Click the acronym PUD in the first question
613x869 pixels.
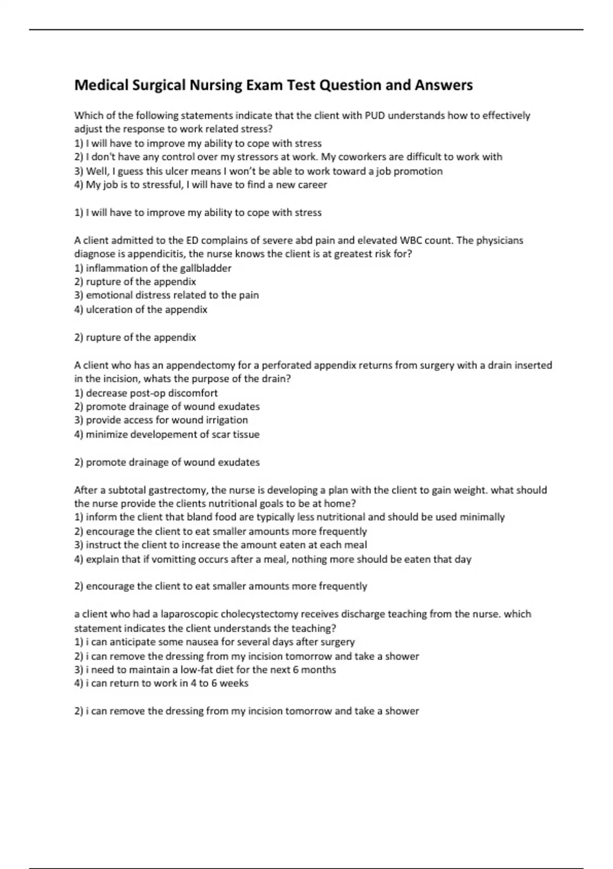pos(375,116)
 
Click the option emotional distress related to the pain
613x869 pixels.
pos(167,295)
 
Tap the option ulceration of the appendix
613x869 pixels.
pos(141,309)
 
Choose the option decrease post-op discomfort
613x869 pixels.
pos(146,393)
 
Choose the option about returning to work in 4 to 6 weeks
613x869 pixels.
pos(161,683)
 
